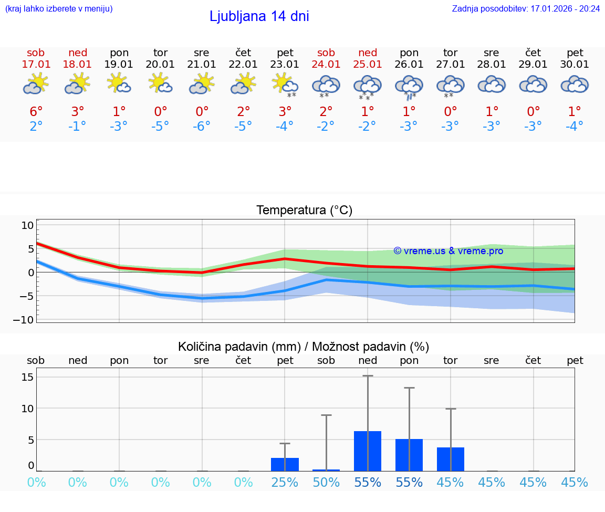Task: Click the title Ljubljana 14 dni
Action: click(259, 16)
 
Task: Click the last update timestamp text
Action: click(526, 8)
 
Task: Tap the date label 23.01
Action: click(285, 65)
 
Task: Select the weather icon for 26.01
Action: click(409, 86)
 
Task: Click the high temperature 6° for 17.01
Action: click(36, 111)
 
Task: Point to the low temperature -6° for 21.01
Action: click(202, 126)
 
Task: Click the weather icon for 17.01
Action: click(36, 85)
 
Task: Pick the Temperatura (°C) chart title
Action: click(304, 211)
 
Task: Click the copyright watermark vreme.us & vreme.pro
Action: click(448, 251)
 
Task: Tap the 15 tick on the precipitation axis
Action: click(28, 377)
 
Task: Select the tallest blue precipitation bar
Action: click(368, 451)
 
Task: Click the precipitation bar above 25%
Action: click(285, 464)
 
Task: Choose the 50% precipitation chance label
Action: click(326, 483)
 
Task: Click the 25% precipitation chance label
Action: click(285, 483)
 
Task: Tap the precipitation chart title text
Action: click(304, 347)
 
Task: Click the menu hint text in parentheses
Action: click(59, 8)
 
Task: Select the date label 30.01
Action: click(575, 65)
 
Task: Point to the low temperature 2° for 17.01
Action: click(36, 126)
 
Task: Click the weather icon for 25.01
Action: click(368, 86)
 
